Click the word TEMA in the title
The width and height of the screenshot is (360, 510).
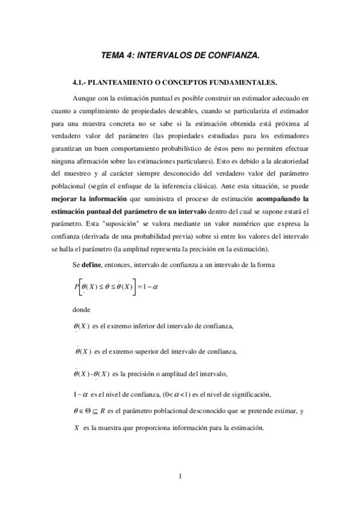click(113, 55)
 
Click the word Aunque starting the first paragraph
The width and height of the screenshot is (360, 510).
click(84, 97)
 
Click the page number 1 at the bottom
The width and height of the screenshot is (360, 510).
click(180, 478)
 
